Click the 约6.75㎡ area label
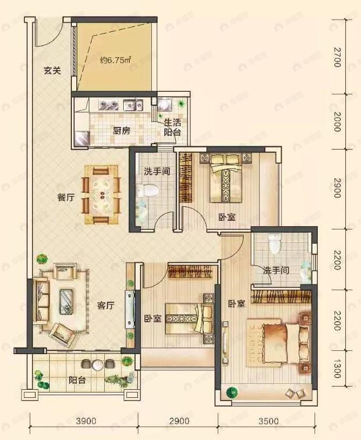click(x=116, y=60)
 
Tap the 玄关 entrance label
click(x=51, y=71)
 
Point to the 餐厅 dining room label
click(x=65, y=197)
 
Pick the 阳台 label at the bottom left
click(x=76, y=380)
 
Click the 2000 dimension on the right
click(x=337, y=122)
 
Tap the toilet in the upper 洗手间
click(x=148, y=189)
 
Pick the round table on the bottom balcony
click(x=97, y=365)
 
